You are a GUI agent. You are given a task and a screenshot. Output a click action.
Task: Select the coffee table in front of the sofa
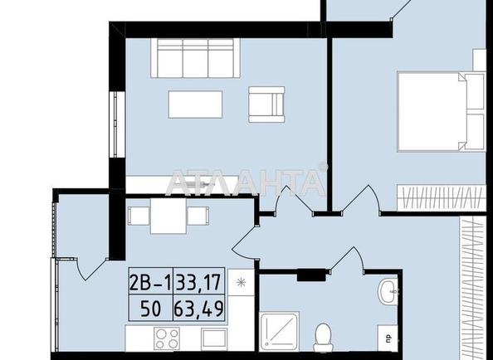195,105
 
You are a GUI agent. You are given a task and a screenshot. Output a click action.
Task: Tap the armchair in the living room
266,105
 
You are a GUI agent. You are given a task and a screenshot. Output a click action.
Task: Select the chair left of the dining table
138,216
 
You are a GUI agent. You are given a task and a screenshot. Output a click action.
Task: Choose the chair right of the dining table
197,216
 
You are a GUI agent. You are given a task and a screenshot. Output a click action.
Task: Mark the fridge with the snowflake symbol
239,283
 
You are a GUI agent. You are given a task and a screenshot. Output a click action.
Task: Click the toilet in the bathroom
323,336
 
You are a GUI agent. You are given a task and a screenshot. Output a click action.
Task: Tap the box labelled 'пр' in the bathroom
388,337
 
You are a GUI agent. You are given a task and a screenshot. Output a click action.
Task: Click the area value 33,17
198,283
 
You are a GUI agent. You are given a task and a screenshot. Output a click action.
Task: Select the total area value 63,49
198,309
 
